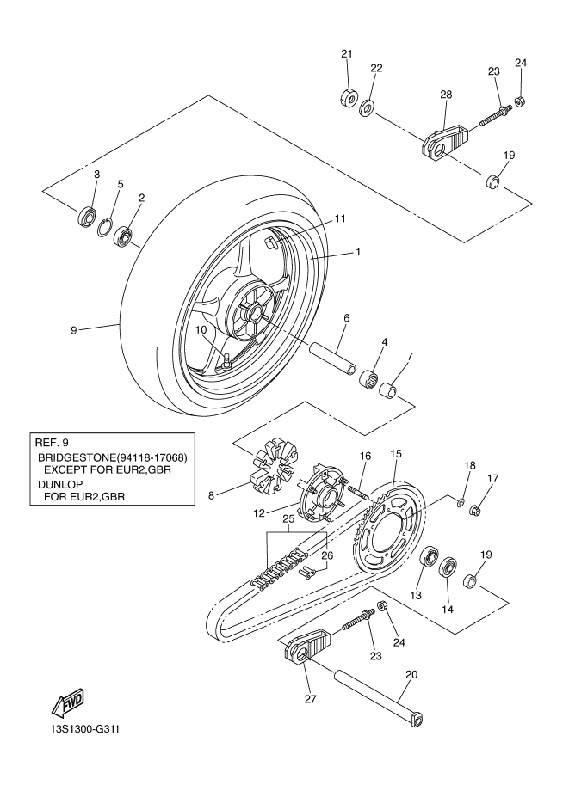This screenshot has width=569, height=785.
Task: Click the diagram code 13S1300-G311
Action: point(84,728)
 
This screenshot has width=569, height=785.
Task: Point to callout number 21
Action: point(347,53)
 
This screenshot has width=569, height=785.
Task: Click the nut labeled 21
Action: point(348,97)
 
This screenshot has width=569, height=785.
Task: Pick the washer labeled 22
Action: point(368,107)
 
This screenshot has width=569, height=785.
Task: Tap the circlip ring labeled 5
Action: point(105,228)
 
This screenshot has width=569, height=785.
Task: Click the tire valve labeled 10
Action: point(225,362)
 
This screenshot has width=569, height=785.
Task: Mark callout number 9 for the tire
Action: point(74,330)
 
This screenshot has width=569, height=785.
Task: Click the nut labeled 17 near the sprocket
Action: point(473,510)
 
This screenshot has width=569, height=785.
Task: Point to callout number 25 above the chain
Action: point(288,519)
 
